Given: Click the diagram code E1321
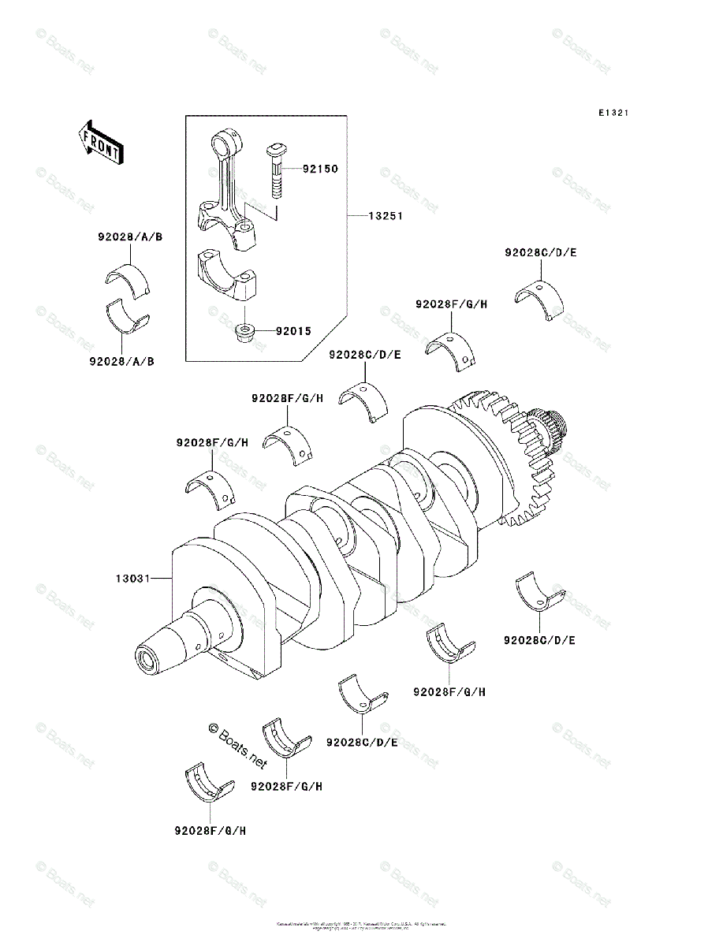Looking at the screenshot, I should tap(613, 114).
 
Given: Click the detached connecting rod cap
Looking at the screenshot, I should tap(229, 275).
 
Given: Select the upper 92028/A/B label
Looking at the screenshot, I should tap(130, 237).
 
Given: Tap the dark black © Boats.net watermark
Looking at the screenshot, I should tap(238, 746).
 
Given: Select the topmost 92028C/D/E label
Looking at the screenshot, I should tap(541, 253).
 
